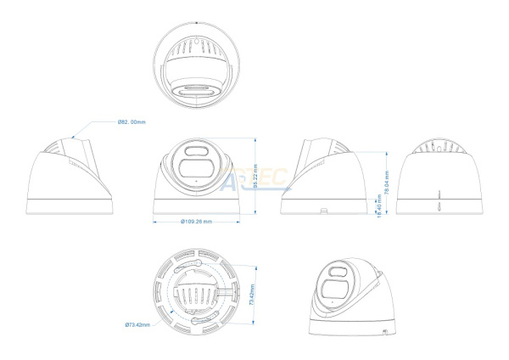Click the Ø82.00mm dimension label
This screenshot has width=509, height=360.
point(131,123)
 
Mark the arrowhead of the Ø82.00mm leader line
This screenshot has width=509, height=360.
point(76,134)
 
